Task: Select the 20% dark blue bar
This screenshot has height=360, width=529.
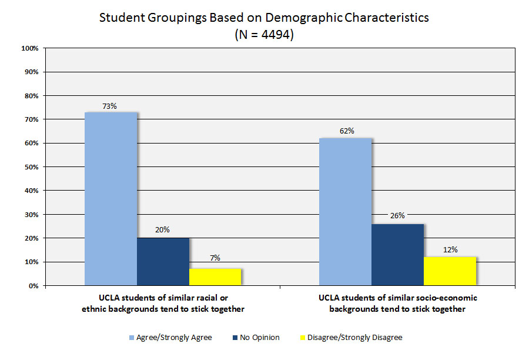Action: click(x=163, y=262)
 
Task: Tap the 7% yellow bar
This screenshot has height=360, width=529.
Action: click(x=215, y=277)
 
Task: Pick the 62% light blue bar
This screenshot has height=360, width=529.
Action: click(x=345, y=212)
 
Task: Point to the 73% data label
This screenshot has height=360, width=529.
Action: click(x=110, y=106)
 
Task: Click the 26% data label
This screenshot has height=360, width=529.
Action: click(x=397, y=215)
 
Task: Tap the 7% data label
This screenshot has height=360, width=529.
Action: click(x=215, y=258)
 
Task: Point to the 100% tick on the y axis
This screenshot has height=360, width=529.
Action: click(x=30, y=48)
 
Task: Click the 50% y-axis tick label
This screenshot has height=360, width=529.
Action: click(x=32, y=167)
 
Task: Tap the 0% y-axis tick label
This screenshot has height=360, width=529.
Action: click(x=34, y=286)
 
